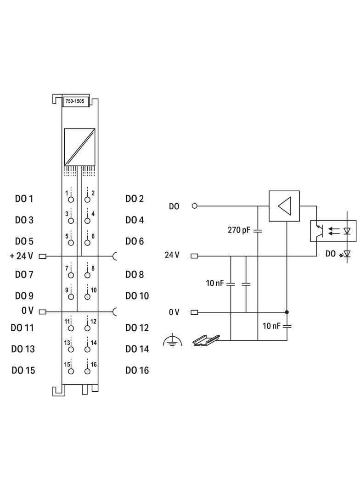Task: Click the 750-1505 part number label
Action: [75, 101]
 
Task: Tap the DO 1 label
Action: [24, 199]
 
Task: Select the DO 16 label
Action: [137, 370]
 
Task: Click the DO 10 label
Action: [137, 296]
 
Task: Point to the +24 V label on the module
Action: [22, 256]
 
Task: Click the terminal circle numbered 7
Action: [71, 275]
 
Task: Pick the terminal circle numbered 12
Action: [87, 328]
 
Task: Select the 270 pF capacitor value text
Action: [239, 230]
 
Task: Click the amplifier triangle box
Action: [284, 206]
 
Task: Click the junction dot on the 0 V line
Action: [287, 312]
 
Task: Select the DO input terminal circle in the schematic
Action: [194, 206]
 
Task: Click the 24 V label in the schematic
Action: [172, 255]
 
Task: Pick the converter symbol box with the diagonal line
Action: [79, 147]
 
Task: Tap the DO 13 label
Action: [23, 349]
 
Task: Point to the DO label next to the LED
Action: [330, 253]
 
